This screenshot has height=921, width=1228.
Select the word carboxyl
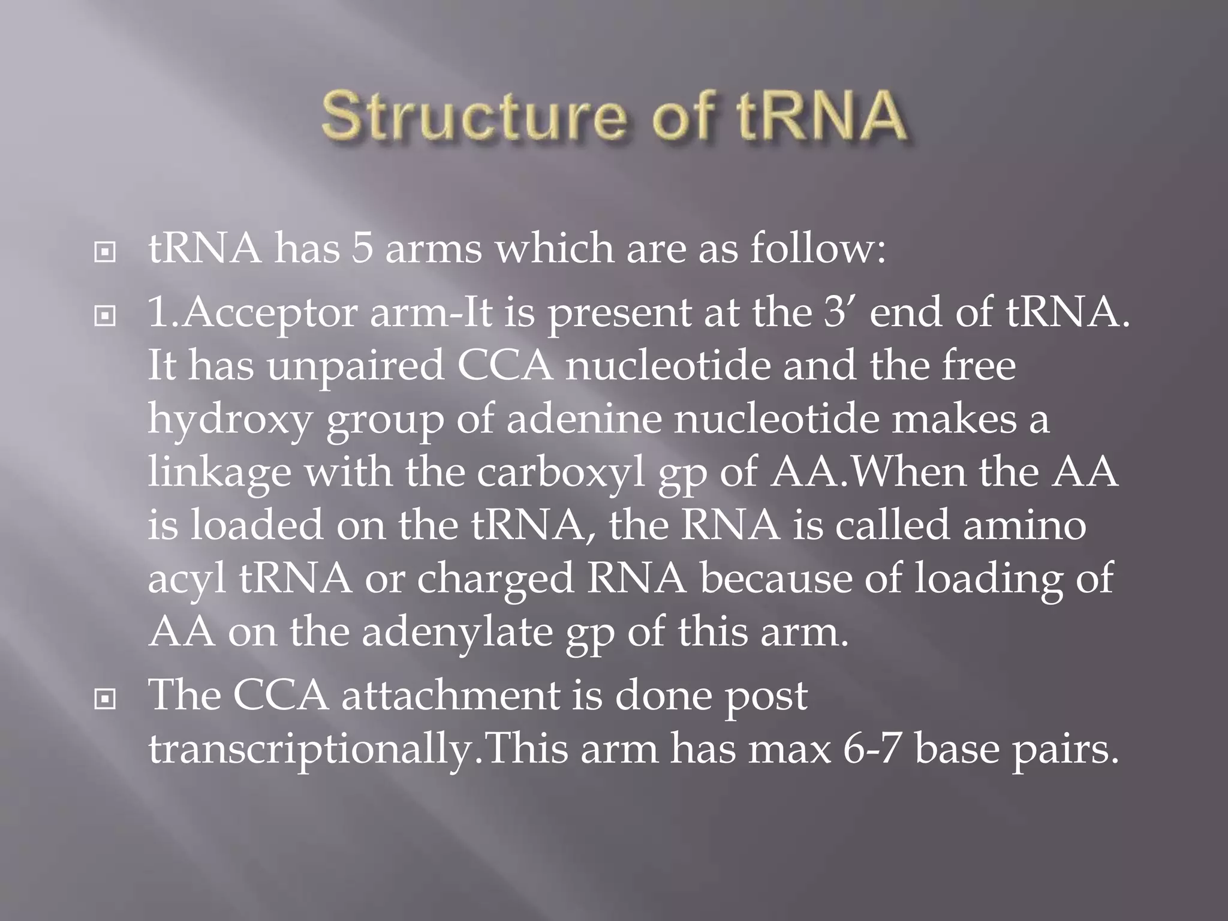560,472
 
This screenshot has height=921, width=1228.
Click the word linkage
219,472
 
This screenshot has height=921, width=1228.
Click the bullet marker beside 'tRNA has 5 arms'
105,252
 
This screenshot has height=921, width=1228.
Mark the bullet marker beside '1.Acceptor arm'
105,316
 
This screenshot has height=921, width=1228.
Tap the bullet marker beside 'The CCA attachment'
105,699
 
